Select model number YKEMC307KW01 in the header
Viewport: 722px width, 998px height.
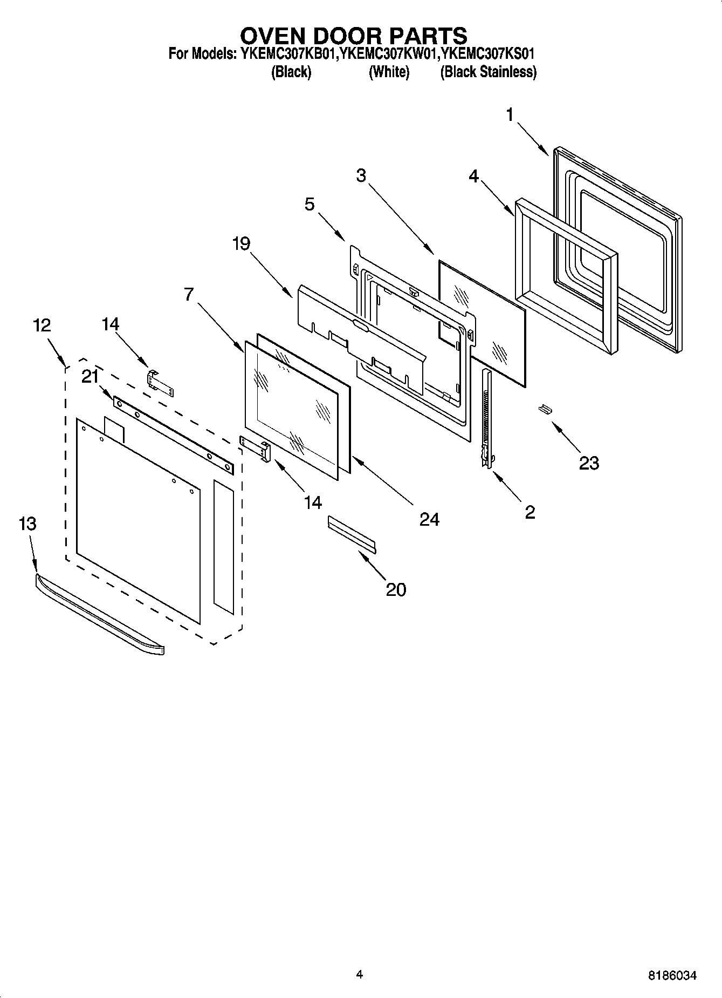click(388, 54)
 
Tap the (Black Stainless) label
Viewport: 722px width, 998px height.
click(488, 72)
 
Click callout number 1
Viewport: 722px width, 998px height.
click(510, 115)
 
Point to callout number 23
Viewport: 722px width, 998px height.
click(589, 463)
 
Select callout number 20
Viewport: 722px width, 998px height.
click(396, 589)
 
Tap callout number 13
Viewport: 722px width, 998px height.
click(27, 524)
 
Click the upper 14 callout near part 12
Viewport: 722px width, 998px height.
click(111, 324)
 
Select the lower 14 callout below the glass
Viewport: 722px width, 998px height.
click(313, 503)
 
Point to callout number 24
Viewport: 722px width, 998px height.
click(429, 519)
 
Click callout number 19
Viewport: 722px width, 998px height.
click(241, 244)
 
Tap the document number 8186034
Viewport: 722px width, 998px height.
click(672, 975)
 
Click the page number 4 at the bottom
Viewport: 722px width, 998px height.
click(360, 974)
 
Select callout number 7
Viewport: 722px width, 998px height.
click(188, 294)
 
